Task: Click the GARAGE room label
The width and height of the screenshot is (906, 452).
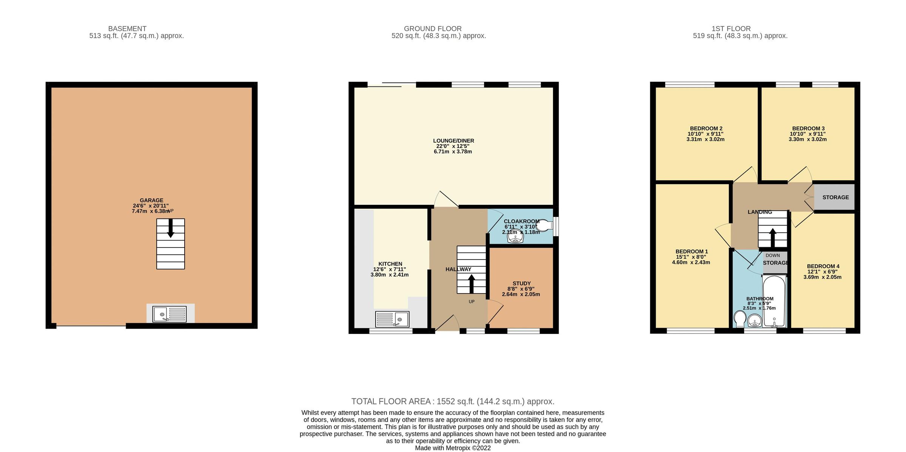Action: (151, 200)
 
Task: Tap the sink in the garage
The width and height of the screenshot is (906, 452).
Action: (169, 314)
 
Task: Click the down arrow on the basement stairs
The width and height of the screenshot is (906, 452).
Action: (171, 228)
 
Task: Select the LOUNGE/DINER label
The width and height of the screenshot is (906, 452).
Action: (453, 141)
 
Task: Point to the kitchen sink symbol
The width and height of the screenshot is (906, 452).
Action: (392, 319)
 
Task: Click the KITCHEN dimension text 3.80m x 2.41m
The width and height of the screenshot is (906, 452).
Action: (390, 275)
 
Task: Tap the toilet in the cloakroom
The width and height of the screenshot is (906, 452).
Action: (544, 226)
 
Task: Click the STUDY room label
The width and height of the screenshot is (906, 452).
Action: (521, 283)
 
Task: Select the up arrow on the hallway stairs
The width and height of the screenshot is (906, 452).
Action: (471, 283)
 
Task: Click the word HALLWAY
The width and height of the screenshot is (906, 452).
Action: (458, 269)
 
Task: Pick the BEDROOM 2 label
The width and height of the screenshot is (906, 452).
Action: (706, 128)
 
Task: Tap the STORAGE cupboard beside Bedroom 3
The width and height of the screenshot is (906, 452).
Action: (835, 197)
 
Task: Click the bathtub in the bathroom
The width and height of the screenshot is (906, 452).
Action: (774, 302)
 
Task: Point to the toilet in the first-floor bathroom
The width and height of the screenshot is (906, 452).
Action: (740, 319)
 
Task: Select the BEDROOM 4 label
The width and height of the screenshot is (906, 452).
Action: (823, 266)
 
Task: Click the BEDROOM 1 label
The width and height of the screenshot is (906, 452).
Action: (692, 251)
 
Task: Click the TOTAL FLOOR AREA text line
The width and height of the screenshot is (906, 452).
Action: (453, 401)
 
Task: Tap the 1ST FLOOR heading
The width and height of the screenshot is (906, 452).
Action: (731, 29)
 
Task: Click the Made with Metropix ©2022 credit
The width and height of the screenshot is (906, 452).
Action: (453, 448)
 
